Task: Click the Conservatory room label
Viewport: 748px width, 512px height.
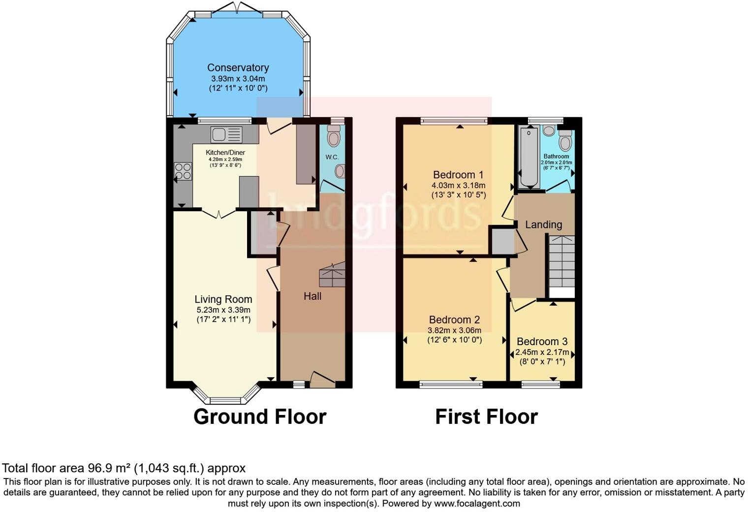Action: pyautogui.click(x=238, y=68)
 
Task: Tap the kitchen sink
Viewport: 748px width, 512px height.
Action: pyautogui.click(x=226, y=134)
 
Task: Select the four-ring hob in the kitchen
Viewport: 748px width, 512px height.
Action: pyautogui.click(x=183, y=172)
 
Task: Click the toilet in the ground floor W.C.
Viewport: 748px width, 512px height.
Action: pyautogui.click(x=334, y=135)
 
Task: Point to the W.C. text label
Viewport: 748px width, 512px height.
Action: pyautogui.click(x=332, y=157)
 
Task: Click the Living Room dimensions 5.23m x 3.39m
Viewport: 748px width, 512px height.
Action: pyautogui.click(x=223, y=310)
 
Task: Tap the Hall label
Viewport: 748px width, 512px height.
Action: pyautogui.click(x=312, y=296)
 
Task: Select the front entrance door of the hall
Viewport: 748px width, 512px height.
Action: pyautogui.click(x=322, y=380)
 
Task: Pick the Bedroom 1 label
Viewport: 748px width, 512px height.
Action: pyautogui.click(x=458, y=175)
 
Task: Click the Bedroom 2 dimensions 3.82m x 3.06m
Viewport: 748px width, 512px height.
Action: pyautogui.click(x=454, y=330)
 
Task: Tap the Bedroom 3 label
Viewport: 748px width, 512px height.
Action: pyautogui.click(x=542, y=342)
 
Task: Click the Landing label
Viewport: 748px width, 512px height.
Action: pyautogui.click(x=543, y=225)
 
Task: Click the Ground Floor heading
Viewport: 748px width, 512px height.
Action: pyautogui.click(x=260, y=417)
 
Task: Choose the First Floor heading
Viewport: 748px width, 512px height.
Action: pyautogui.click(x=486, y=417)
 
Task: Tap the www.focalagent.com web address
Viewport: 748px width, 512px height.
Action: pyautogui.click(x=477, y=504)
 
